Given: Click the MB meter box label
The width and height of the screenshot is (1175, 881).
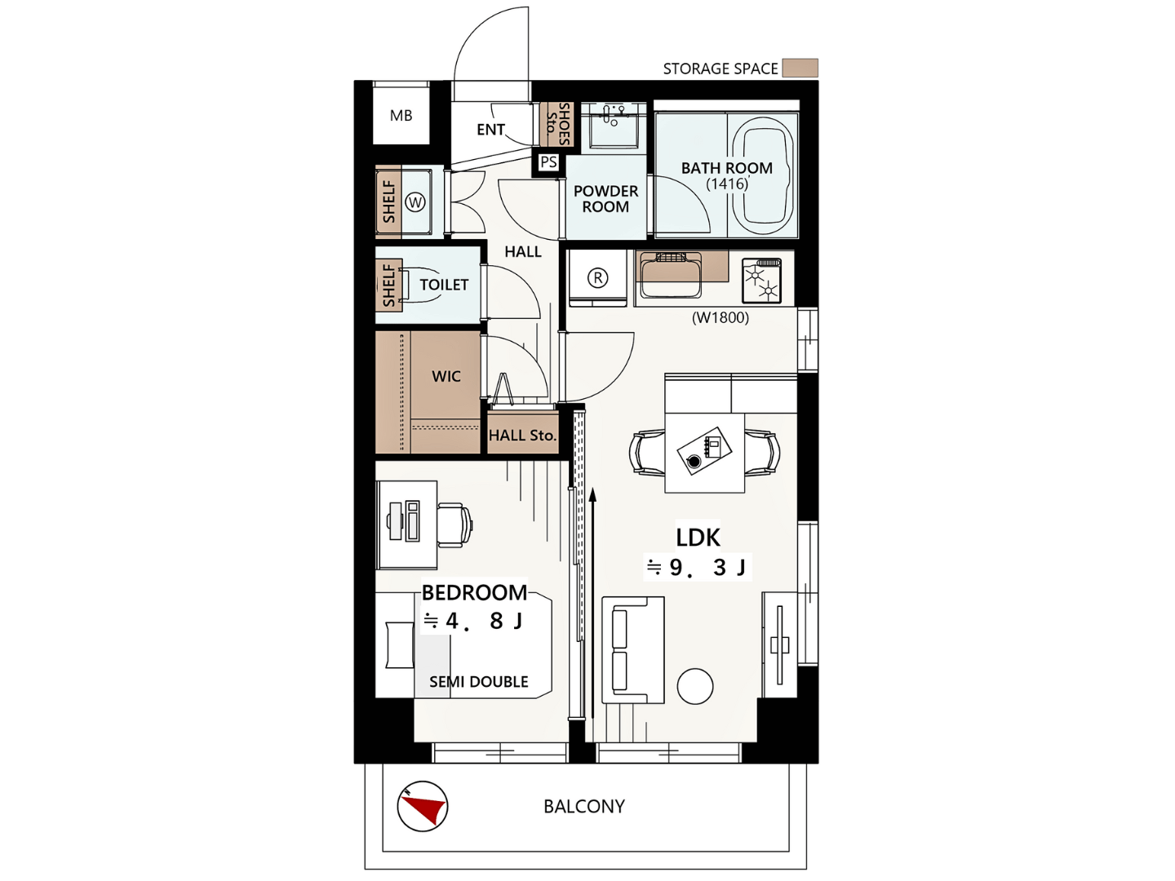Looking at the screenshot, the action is point(401,116).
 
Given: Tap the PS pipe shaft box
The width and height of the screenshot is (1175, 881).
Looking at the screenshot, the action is point(548,162).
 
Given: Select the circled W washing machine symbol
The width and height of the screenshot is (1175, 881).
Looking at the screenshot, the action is point(415,202).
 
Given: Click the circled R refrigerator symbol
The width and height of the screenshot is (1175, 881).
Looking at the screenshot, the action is point(597,277).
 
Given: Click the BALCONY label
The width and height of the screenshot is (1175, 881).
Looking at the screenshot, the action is point(584,807).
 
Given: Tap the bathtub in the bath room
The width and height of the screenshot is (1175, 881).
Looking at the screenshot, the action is point(762,175).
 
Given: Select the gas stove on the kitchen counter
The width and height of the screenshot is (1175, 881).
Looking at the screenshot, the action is point(761,281).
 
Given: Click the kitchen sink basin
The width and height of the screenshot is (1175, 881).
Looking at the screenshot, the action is point(672,276).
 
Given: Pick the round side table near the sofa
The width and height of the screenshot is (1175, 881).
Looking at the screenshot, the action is point(695,686).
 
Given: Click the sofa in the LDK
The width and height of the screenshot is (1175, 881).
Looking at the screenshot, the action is point(633,650).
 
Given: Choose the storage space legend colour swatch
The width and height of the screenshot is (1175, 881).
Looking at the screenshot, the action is point(800,68).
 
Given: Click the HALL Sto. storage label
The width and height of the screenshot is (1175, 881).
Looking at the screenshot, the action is point(523,436).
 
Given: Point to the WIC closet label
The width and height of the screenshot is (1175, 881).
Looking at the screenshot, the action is point(446,377).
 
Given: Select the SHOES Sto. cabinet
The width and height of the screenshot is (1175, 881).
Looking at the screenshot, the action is point(556,125).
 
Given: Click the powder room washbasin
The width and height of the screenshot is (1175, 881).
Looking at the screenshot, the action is point(614,125).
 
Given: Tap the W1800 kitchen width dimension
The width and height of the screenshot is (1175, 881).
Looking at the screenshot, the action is point(720,318).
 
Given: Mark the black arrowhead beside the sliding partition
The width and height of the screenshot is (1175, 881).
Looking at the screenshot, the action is point(592,495).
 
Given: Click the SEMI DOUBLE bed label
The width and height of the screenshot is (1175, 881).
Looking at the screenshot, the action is point(478,682).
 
